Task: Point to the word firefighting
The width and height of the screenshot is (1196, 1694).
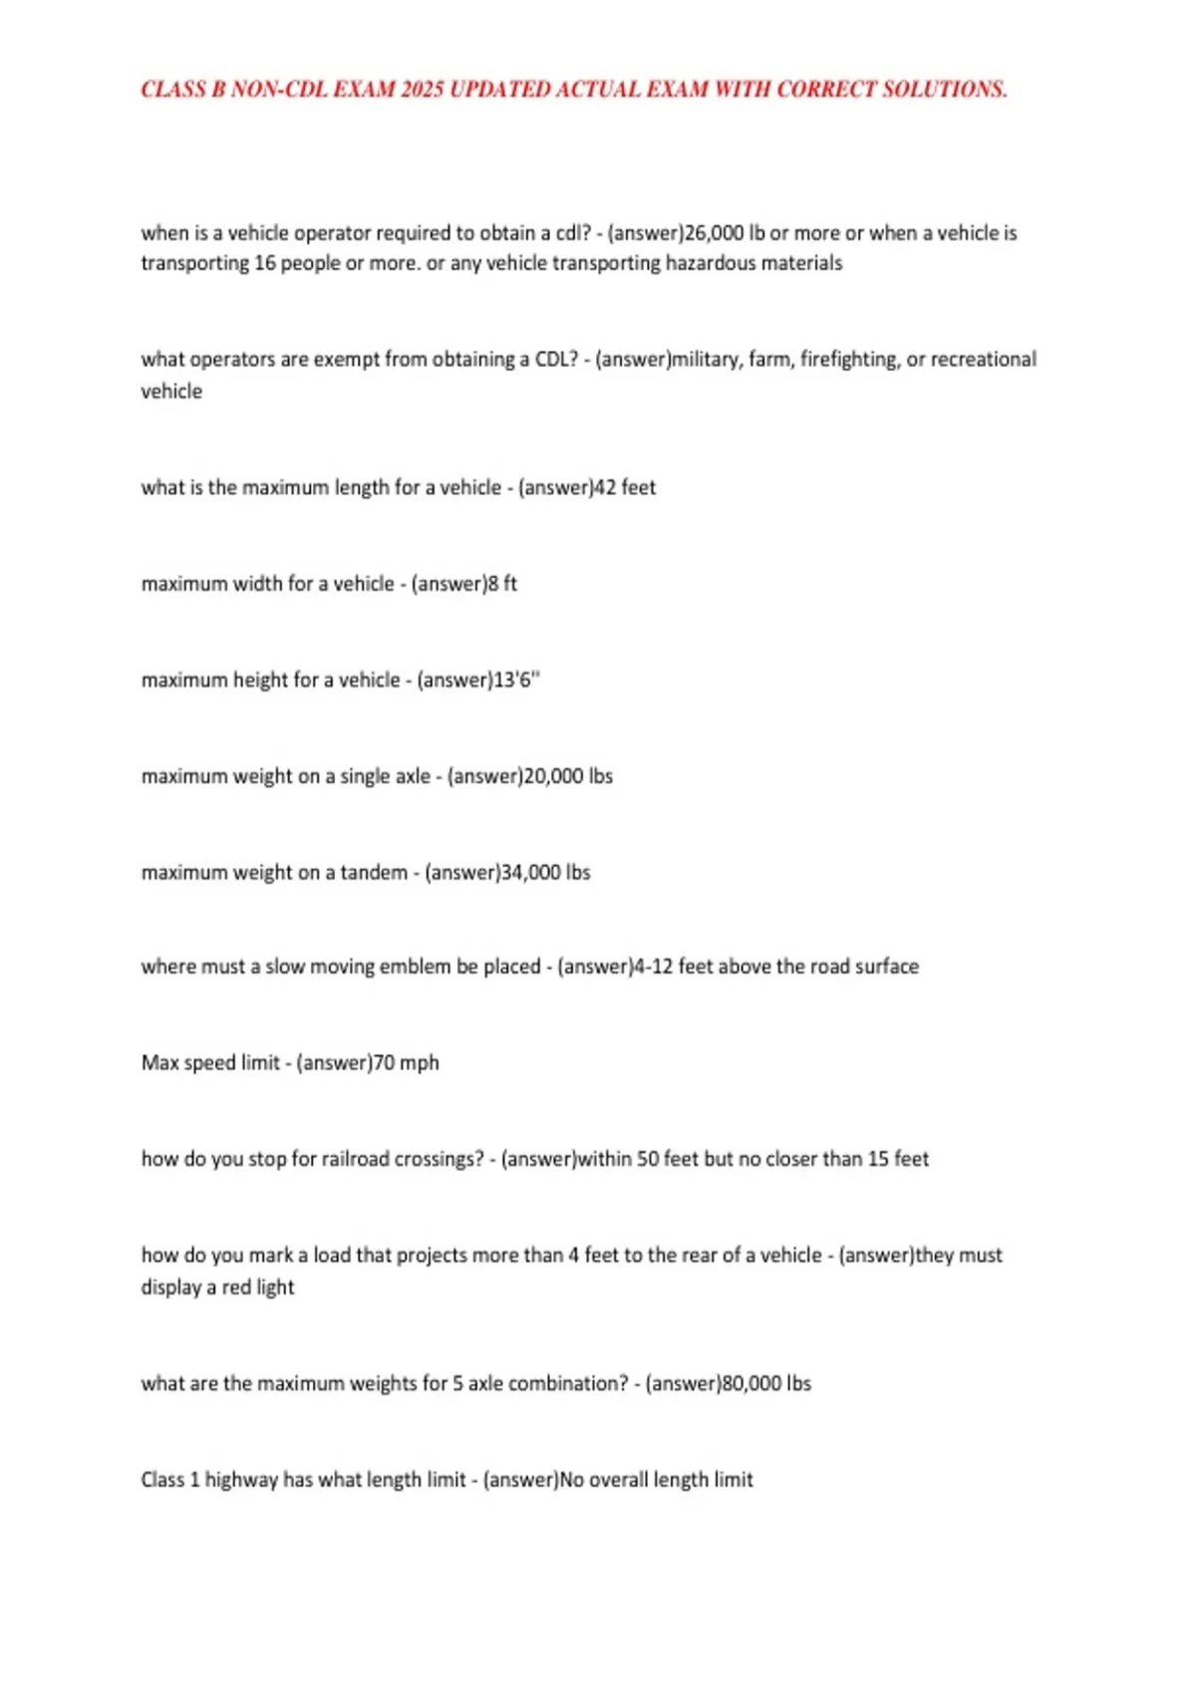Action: [x=848, y=359]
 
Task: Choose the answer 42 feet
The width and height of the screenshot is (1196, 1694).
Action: [x=625, y=487]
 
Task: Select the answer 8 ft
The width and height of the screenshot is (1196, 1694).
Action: [x=502, y=584]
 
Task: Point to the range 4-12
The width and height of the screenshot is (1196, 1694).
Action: [x=654, y=967]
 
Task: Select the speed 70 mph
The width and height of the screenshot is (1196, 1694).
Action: [x=407, y=1063]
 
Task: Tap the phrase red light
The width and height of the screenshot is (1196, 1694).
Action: [x=258, y=1287]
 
